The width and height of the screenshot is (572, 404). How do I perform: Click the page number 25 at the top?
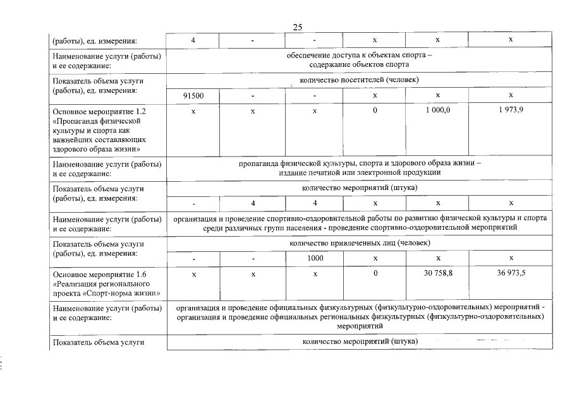[x=298, y=27]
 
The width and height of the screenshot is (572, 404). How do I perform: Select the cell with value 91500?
[x=193, y=95]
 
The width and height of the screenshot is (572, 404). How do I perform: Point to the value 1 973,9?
[x=511, y=110]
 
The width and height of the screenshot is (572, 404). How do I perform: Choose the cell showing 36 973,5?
[x=511, y=274]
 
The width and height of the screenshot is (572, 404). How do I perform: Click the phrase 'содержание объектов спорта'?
[x=359, y=64]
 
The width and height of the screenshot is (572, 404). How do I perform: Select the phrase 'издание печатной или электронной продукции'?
[x=359, y=172]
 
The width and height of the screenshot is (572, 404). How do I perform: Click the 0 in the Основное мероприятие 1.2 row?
[x=375, y=110]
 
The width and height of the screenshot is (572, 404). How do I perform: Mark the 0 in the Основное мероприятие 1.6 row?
[x=375, y=274]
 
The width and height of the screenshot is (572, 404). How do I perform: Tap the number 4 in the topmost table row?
[x=193, y=40]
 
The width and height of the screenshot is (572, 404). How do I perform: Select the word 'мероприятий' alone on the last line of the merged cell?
[x=359, y=327]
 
